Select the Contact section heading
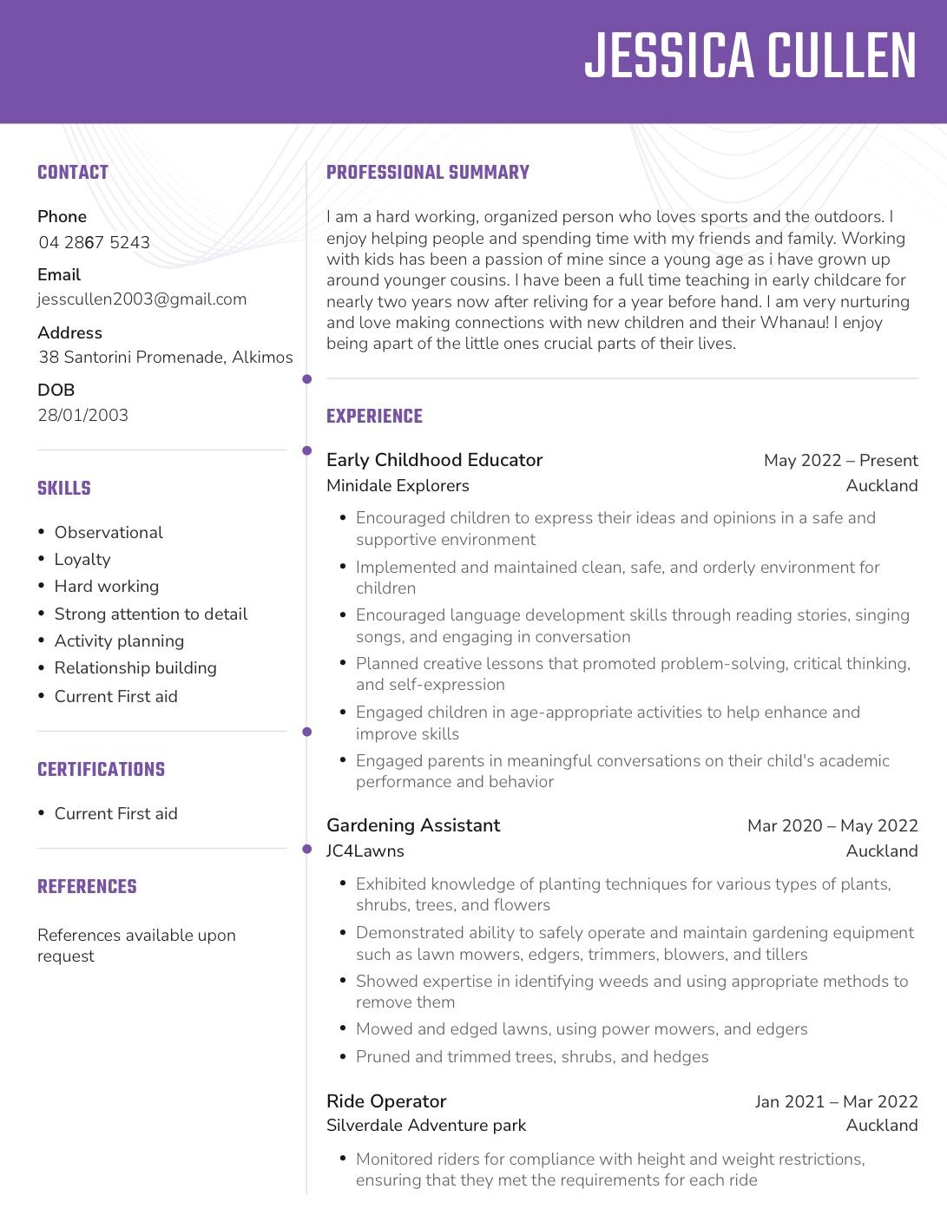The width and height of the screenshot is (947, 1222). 73,173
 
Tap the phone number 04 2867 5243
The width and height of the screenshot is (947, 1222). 94,242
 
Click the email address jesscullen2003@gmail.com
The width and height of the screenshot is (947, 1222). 142,299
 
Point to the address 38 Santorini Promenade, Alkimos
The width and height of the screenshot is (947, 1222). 166,357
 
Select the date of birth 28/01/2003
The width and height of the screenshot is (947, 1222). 82,415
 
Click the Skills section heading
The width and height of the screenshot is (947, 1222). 64,489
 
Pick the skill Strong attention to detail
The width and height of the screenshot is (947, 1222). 151,614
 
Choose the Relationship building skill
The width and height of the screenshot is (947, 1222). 135,668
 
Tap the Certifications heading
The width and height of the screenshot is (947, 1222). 101,770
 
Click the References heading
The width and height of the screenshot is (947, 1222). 87,887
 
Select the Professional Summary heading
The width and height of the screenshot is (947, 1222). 428,173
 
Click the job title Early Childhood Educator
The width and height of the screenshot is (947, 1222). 434,460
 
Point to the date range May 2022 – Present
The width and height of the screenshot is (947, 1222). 840,461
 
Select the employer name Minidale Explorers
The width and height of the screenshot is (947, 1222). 398,486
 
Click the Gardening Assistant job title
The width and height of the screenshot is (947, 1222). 413,825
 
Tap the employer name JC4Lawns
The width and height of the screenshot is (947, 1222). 365,851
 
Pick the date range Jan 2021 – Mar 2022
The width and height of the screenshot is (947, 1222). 836,1102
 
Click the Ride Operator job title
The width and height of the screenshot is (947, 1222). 386,1101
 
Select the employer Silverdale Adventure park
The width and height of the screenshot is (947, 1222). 426,1126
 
